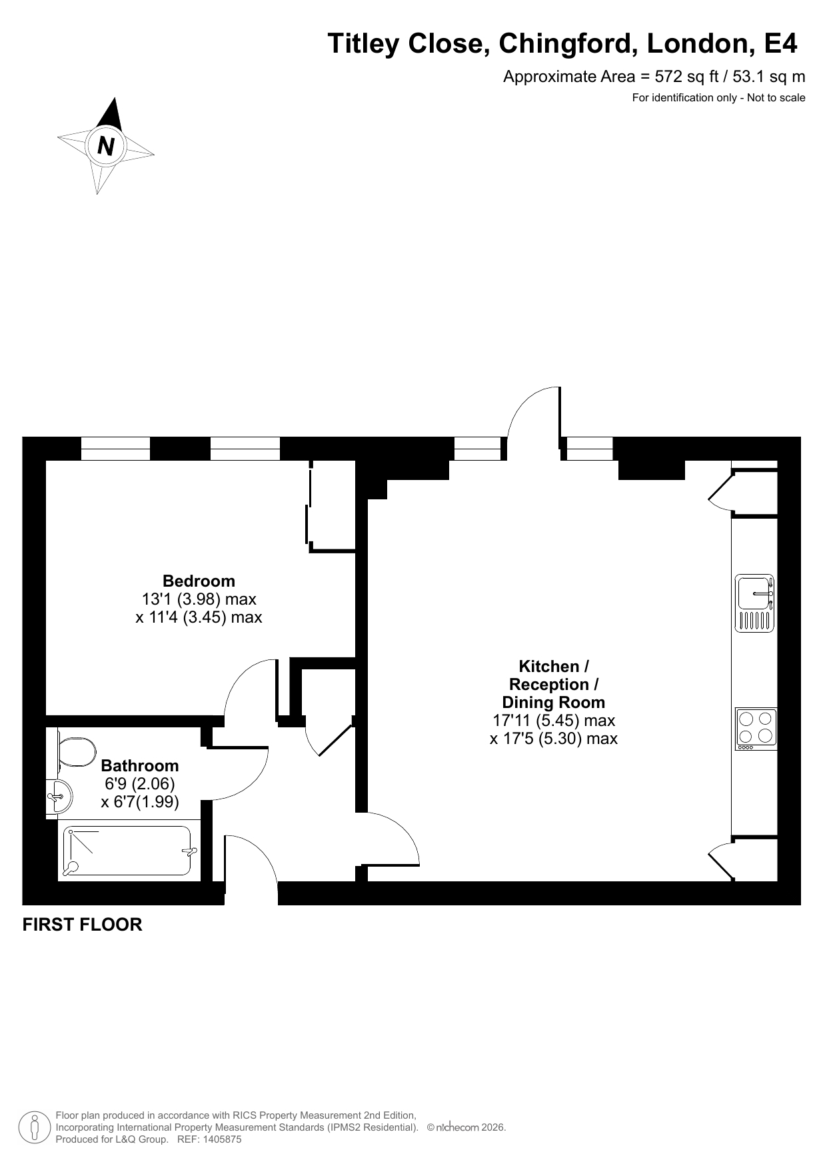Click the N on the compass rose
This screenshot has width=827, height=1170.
tap(106, 145)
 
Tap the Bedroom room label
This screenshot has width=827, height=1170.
tap(199, 581)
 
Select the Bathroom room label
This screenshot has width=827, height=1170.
tap(140, 765)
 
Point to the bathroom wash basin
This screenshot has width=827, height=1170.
tap(59, 796)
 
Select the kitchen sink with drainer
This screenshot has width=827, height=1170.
tap(754, 603)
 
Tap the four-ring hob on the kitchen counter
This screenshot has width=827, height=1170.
tap(756, 729)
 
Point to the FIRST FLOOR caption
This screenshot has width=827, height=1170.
tap(83, 925)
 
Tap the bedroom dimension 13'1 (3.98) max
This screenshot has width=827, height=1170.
tap(199, 599)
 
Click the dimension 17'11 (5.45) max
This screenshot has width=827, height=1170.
tap(553, 721)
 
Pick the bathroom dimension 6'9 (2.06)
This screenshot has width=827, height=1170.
tap(140, 784)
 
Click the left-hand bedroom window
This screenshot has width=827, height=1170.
tap(115, 449)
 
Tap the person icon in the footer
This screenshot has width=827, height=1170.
tap(35, 1127)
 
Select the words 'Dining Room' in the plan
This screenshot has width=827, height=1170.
tap(553, 702)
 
